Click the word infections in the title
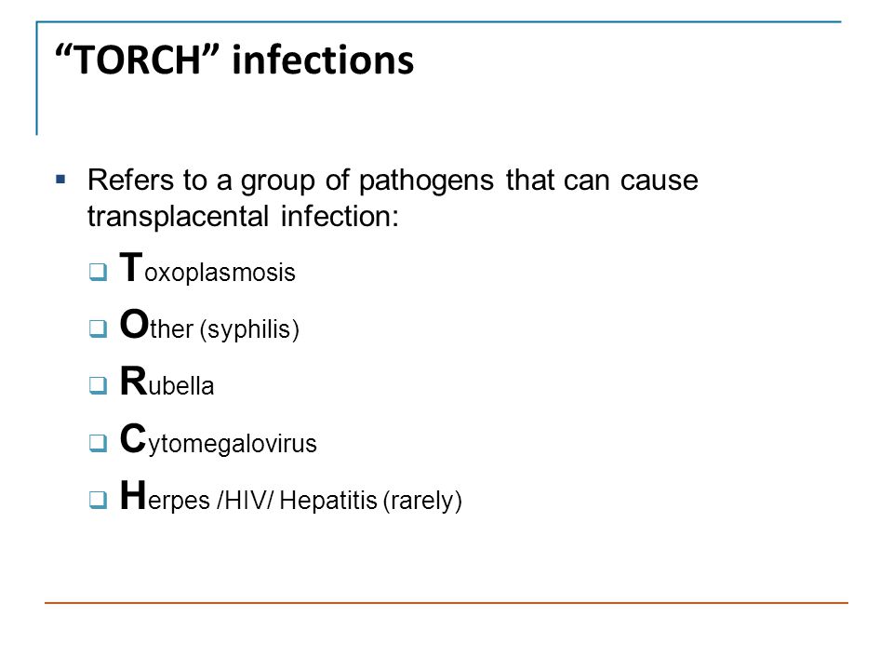pos(323,60)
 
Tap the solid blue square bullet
pos(61,180)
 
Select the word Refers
pos(130,180)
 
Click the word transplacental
pos(178,218)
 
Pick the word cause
pos(659,181)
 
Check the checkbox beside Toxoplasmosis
pos(98,272)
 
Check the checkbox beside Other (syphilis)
pos(98,328)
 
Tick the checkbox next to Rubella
pos(98,385)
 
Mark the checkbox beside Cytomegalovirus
pos(98,443)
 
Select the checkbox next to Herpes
pos(98,500)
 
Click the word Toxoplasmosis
pos(207,268)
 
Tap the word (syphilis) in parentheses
pos(249,329)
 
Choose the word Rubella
pos(167,382)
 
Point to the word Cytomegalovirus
pos(218,439)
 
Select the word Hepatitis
pos(328,501)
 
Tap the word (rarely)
pos(422,501)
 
